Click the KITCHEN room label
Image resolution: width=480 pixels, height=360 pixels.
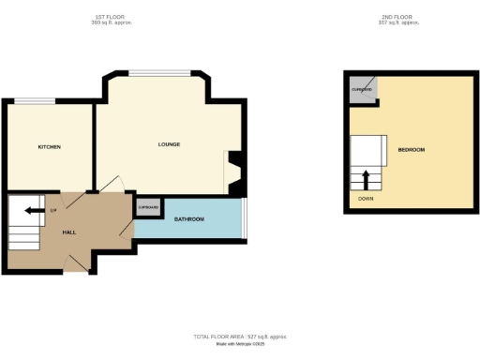[x=49, y=147]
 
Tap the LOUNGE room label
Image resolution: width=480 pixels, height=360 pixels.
[x=169, y=144]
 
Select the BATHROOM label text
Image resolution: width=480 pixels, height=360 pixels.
[x=189, y=219]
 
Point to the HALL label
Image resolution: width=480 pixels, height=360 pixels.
[x=69, y=231]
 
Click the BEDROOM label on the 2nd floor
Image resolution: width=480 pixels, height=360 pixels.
[x=412, y=150]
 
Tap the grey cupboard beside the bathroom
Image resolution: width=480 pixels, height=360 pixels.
[x=148, y=208]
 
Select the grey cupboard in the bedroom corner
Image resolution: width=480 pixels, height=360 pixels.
[x=362, y=87]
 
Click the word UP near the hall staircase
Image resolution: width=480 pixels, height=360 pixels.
[x=53, y=210]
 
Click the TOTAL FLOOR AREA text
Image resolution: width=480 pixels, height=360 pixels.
[x=240, y=335]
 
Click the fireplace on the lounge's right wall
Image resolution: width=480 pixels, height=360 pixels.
[x=235, y=174]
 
